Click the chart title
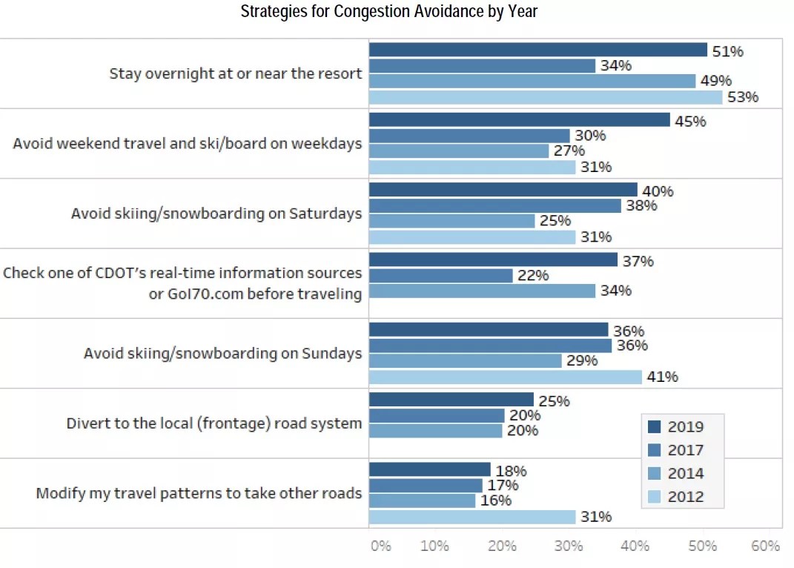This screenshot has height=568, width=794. coord(388,12)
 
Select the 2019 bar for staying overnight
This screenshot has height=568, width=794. coord(537,50)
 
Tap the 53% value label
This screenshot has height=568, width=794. coord(743,97)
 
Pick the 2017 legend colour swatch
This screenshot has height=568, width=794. coord(654,449)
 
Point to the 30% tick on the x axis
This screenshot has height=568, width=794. coord(569,546)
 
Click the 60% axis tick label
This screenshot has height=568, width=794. coord(766,546)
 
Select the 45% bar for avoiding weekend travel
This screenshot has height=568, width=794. coord(519,120)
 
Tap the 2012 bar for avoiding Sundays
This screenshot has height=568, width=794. coord(505,377)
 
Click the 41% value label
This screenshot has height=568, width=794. coord(663,377)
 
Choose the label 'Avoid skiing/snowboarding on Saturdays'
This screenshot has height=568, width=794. coord(216,214)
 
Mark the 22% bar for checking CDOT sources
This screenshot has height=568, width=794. coord(440,275)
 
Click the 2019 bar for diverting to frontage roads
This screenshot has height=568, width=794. coord(451,400)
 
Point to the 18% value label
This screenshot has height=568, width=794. coord(512,471)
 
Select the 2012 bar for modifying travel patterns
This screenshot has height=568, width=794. coord(472,517)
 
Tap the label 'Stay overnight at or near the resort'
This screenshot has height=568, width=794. coord(236,73)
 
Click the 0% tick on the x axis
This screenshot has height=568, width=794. coord(380,546)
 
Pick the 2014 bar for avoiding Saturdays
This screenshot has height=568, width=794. coord(451,221)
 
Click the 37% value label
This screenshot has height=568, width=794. coord(638,261)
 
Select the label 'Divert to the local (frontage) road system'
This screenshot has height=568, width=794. coord(214,423)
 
